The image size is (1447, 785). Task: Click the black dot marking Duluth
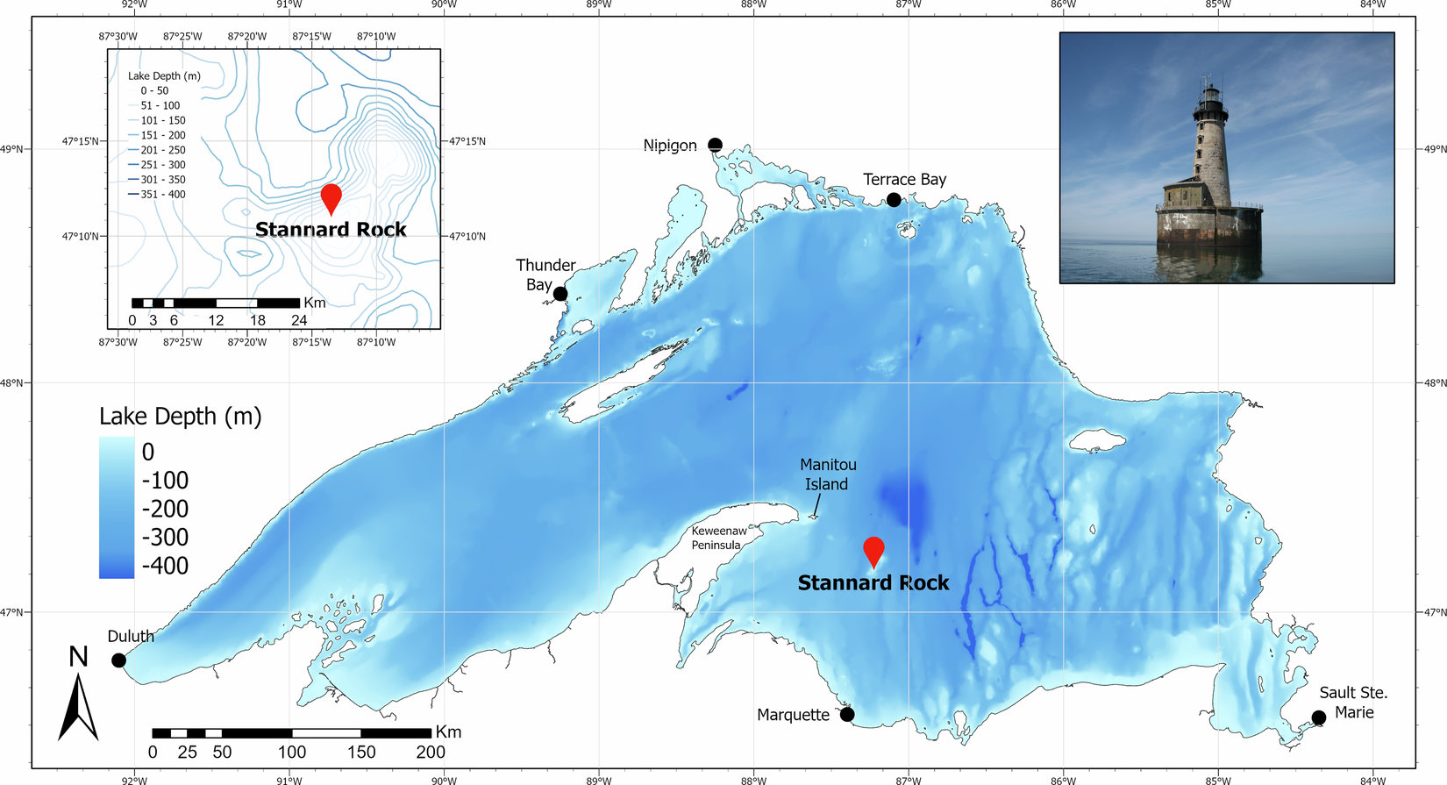[x=118, y=660]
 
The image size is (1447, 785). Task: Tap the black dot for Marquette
[x=847, y=715]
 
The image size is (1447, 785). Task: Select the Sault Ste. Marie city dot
[x=1319, y=717]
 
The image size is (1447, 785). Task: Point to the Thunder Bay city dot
[x=560, y=294]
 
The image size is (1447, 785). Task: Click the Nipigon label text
[x=670, y=146]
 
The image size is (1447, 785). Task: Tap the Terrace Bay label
[x=904, y=180]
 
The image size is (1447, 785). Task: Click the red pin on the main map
[x=873, y=551]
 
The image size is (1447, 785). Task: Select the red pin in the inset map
[x=331, y=198]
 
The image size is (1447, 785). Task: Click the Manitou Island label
[x=828, y=475]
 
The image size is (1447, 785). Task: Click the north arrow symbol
[x=79, y=706]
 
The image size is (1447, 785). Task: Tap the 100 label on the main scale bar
[x=292, y=753]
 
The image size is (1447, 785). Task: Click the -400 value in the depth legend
[x=165, y=566]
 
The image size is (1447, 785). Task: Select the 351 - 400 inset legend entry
[x=163, y=195]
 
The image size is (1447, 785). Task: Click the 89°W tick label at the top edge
[x=599, y=5]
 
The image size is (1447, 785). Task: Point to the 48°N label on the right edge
[x=1434, y=383]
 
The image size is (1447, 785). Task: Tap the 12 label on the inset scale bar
[x=216, y=321]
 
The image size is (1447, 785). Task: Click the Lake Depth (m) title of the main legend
[x=181, y=417]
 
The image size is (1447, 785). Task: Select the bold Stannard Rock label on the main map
[x=873, y=583]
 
